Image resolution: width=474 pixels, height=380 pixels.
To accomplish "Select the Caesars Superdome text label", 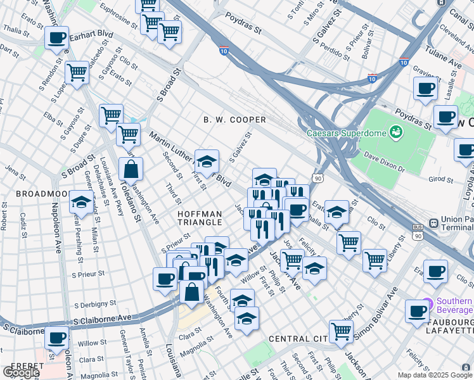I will [x=346, y=133].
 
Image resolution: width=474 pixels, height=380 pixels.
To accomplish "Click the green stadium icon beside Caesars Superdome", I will [x=396, y=132].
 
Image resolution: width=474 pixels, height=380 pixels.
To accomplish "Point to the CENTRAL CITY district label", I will [x=298, y=339].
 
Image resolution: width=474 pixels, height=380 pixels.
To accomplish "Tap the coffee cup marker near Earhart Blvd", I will [x=57, y=37].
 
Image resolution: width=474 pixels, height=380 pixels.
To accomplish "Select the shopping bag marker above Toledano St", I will [x=131, y=169].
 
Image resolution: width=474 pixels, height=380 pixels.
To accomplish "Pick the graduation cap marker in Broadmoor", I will [x=81, y=202].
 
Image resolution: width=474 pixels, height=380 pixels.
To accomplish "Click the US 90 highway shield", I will [x=319, y=180].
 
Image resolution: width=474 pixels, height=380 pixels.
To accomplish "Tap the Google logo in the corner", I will [x=20, y=372].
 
